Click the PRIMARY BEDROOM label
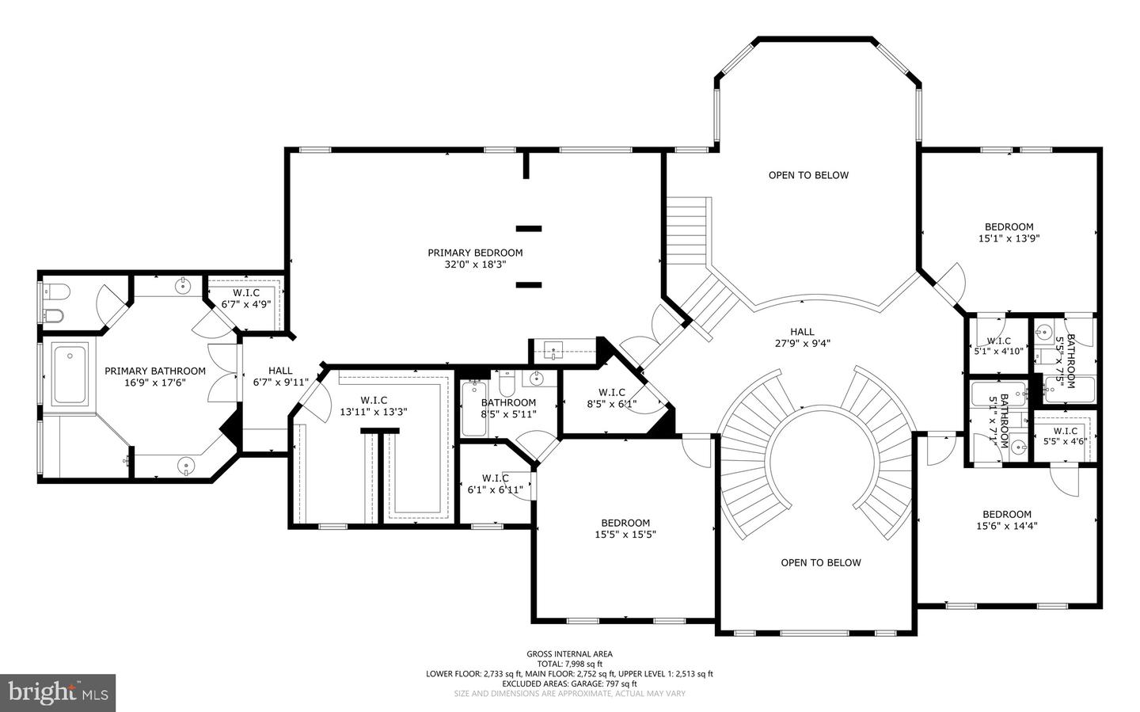(475, 253)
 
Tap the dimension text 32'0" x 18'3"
(475, 265)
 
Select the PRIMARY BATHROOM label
(155, 371)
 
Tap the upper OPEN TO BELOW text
(808, 175)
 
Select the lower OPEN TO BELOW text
(821, 562)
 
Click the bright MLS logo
(58, 693)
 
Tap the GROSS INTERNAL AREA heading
(569, 653)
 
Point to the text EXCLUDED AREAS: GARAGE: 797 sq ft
(569, 683)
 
